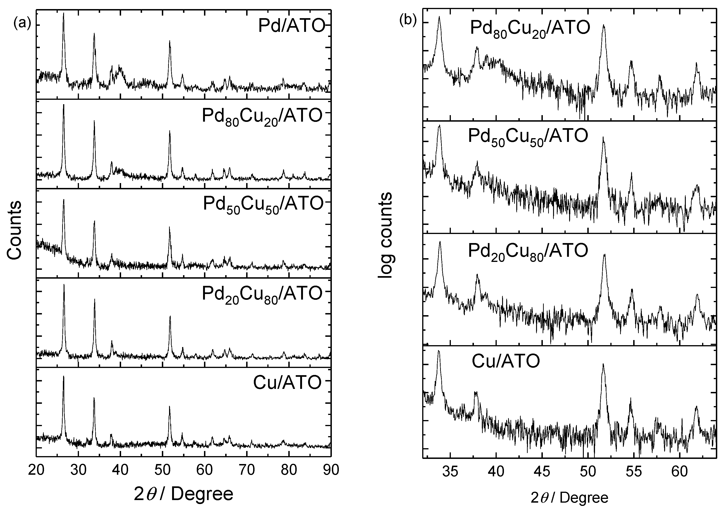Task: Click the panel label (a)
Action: [22, 23]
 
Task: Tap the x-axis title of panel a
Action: [184, 494]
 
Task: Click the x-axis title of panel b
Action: [569, 498]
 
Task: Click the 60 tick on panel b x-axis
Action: [679, 472]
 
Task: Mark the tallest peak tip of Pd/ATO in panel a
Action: [64, 13]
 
